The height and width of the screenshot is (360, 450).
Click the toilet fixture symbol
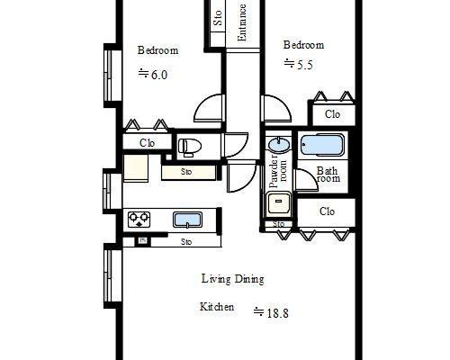(187, 147)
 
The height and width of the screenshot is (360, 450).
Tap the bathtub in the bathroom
(322, 146)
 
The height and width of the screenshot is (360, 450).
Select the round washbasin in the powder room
(279, 145)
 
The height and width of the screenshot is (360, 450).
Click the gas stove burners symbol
(139, 219)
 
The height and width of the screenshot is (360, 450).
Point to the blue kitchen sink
(187, 220)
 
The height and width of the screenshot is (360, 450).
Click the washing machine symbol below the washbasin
(279, 203)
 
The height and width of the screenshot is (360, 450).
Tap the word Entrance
(242, 22)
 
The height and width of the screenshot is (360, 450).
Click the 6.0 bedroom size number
(159, 75)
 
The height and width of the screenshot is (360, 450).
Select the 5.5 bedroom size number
(304, 65)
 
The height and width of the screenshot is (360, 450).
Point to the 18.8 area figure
(277, 313)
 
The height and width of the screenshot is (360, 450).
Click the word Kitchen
(217, 307)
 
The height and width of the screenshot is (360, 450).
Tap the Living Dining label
(233, 279)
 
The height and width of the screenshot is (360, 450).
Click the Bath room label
(328, 175)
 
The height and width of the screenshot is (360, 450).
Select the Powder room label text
(278, 171)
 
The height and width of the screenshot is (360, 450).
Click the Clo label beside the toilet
(148, 143)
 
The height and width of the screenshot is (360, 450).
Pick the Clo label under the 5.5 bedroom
(332, 114)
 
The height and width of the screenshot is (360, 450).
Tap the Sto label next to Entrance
(218, 18)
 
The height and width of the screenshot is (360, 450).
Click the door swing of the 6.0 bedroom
(209, 108)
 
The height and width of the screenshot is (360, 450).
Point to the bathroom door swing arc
(306, 180)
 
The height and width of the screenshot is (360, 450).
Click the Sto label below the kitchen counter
(186, 242)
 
